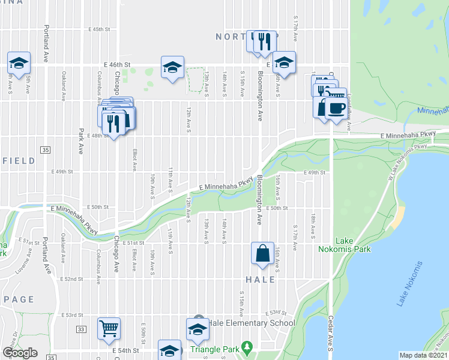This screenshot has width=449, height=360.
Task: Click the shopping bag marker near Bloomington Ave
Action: tap(263, 253)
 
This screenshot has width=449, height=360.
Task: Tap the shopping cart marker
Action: tap(109, 328)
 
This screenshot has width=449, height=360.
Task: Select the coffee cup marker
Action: tap(336, 109)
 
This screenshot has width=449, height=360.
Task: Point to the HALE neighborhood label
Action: tap(260, 280)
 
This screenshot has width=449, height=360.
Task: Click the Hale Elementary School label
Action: tap(250, 323)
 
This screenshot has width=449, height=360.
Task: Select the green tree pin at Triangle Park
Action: tap(247, 348)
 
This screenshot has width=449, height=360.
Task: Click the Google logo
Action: tap(20, 353)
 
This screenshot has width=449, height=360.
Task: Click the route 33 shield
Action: tap(81, 329)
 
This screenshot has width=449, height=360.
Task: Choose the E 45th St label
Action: tap(100, 29)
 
